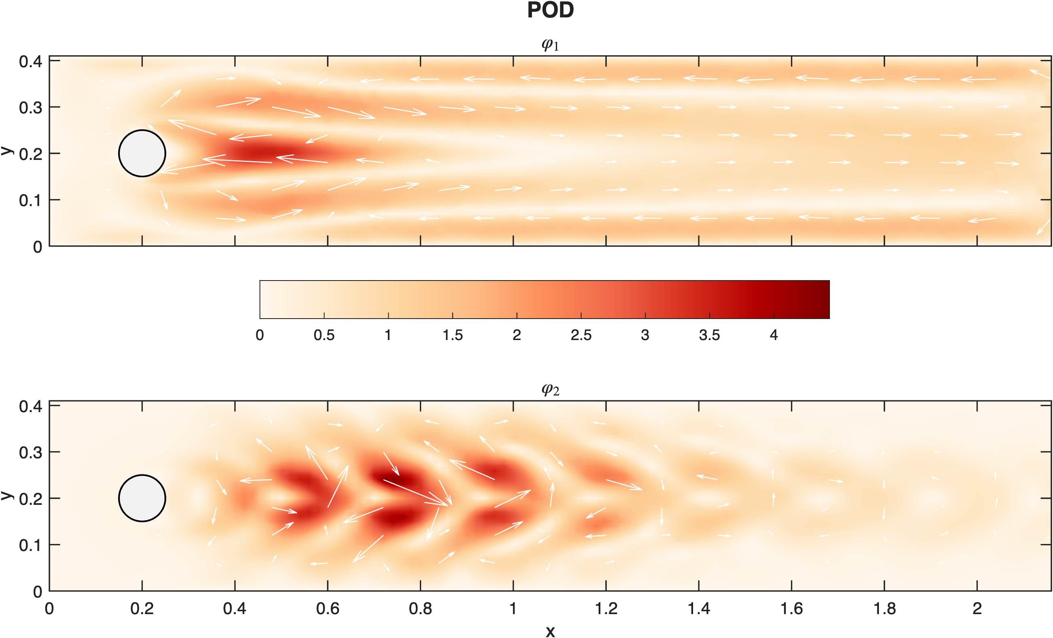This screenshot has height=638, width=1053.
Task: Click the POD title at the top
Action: [x=550, y=10]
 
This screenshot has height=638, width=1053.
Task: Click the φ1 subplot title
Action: [x=550, y=45]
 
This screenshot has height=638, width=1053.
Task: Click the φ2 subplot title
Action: [x=550, y=389]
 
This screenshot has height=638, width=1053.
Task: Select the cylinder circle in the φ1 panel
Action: [x=142, y=153]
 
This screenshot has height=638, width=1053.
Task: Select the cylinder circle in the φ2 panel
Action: [x=142, y=498]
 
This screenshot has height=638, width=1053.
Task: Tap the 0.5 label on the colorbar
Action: [x=324, y=336]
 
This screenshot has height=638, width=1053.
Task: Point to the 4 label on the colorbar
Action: [x=774, y=336]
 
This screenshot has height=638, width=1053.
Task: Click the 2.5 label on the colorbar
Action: [x=581, y=336]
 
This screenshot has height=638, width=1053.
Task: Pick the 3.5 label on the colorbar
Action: [x=709, y=336]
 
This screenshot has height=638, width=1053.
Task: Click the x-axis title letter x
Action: [x=550, y=631]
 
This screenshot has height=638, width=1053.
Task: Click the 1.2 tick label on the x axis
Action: [x=606, y=608]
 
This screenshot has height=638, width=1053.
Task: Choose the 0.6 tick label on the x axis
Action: [x=328, y=608]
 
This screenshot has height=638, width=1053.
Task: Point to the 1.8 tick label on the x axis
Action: [x=884, y=608]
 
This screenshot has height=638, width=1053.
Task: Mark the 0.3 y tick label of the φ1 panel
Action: [x=30, y=108]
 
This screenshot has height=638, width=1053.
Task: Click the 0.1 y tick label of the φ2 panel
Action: [x=30, y=546]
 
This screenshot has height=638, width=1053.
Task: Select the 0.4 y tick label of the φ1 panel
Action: [x=30, y=62]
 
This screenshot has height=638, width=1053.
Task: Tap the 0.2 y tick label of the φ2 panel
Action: [x=30, y=499]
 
